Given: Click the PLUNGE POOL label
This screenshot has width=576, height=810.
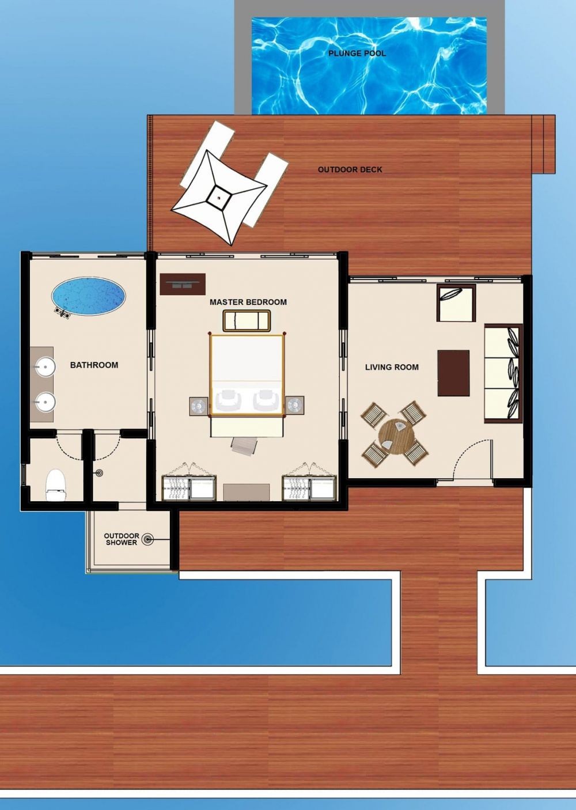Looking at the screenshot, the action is click(357, 54).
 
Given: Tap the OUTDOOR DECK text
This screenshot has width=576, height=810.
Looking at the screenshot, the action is click(350, 169).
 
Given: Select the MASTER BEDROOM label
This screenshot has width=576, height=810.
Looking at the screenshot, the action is click(248, 302).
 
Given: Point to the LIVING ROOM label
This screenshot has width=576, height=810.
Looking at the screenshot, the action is click(392, 367).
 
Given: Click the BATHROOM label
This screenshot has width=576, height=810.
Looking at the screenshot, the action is click(94, 365).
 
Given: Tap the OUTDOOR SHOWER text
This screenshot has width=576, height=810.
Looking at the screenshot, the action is click(122, 539).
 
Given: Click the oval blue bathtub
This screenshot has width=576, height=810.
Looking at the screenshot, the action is click(89, 296).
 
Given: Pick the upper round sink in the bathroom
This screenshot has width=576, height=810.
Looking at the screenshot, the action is click(46, 366).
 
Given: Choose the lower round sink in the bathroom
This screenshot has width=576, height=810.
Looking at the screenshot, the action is click(46, 402).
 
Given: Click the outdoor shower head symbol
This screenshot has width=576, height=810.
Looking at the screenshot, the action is click(147, 539).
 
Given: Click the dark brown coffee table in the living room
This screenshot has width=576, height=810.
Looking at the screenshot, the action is click(453, 373).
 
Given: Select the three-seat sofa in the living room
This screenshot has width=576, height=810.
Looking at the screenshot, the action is click(503, 373).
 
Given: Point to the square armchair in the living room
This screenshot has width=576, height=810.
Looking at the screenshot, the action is click(456, 302).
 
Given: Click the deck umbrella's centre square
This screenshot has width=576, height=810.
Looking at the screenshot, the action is click(219, 197).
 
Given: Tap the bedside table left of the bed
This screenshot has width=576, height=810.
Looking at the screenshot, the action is click(199, 406).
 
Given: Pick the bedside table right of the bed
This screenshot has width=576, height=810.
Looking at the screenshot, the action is click(295, 406).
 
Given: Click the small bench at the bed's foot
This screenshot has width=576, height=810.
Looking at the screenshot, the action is click(247, 320).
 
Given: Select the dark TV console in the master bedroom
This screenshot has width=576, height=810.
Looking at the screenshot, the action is click(183, 284).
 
